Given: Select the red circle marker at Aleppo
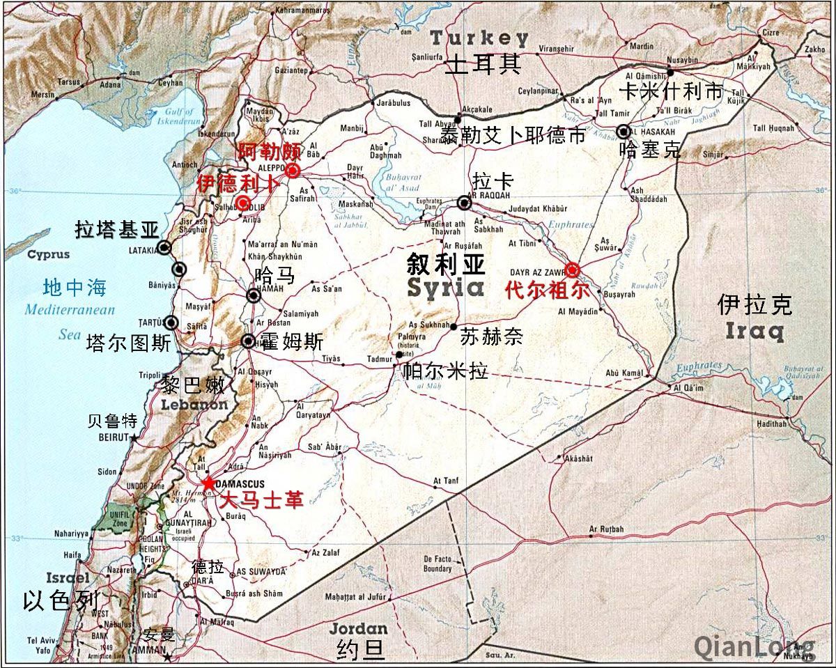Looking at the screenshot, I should (293, 170).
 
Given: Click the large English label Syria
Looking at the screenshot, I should (445, 288).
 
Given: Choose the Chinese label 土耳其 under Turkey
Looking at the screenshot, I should (483, 64).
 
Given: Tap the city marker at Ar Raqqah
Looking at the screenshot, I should (464, 203).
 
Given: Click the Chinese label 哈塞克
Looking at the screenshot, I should (650, 150).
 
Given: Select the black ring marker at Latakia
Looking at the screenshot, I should (164, 247).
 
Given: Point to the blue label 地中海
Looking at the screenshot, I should (75, 287).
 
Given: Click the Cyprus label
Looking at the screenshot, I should (48, 255).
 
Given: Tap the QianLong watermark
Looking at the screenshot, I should (754, 647).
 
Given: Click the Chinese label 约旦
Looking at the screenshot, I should (361, 649).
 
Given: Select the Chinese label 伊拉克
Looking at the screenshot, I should (755, 304).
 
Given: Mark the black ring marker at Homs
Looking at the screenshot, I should (248, 341).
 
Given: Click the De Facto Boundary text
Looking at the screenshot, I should (438, 564).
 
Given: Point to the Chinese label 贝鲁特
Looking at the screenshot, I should (112, 421).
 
